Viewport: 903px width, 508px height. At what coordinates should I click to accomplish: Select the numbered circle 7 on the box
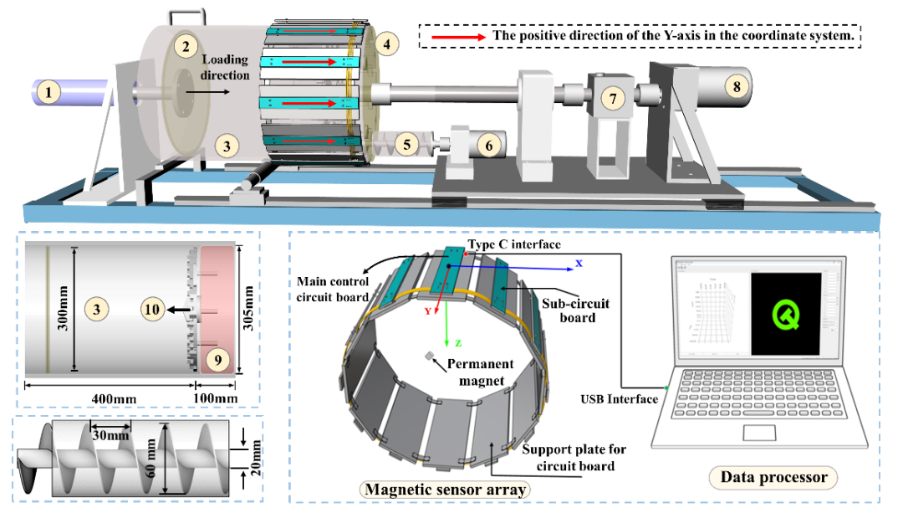pyautogui.click(x=614, y=98)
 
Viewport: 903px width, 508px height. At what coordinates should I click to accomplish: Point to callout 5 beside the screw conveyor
pyautogui.click(x=407, y=144)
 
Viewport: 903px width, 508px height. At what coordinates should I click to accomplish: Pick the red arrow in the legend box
pyautogui.click(x=457, y=38)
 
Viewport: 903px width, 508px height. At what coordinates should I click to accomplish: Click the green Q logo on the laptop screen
pyautogui.click(x=783, y=314)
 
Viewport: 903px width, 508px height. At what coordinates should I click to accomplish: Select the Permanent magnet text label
pyautogui.click(x=482, y=372)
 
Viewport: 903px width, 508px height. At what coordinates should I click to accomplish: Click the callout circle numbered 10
pyautogui.click(x=151, y=310)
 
